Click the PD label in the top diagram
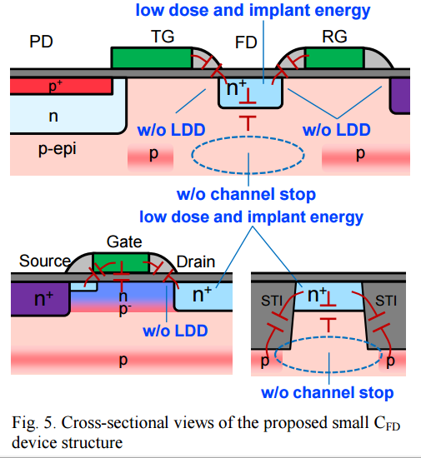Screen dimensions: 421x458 [x=41, y=42]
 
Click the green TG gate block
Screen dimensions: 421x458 [x=152, y=57]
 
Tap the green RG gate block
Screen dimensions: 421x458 [x=333, y=57]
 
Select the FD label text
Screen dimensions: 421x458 [x=246, y=42]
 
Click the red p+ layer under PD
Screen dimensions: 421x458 [x=62, y=86]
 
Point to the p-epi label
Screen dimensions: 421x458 [x=58, y=149]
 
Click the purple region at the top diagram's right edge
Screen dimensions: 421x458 [x=400, y=96]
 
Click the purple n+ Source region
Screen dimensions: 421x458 [x=40, y=299]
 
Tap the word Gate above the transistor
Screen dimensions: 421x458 [x=124, y=241]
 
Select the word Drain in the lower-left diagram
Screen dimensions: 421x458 [x=196, y=261]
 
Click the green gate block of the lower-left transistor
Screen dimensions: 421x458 [x=121, y=262]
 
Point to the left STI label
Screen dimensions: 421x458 [x=272, y=301]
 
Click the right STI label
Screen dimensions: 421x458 [x=386, y=301]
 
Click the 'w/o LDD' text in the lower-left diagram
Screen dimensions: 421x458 [x=175, y=331]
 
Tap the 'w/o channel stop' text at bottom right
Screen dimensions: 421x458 [x=327, y=392]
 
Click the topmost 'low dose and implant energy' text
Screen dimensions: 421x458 [x=253, y=10]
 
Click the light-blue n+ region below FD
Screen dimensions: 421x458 [x=251, y=92]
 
